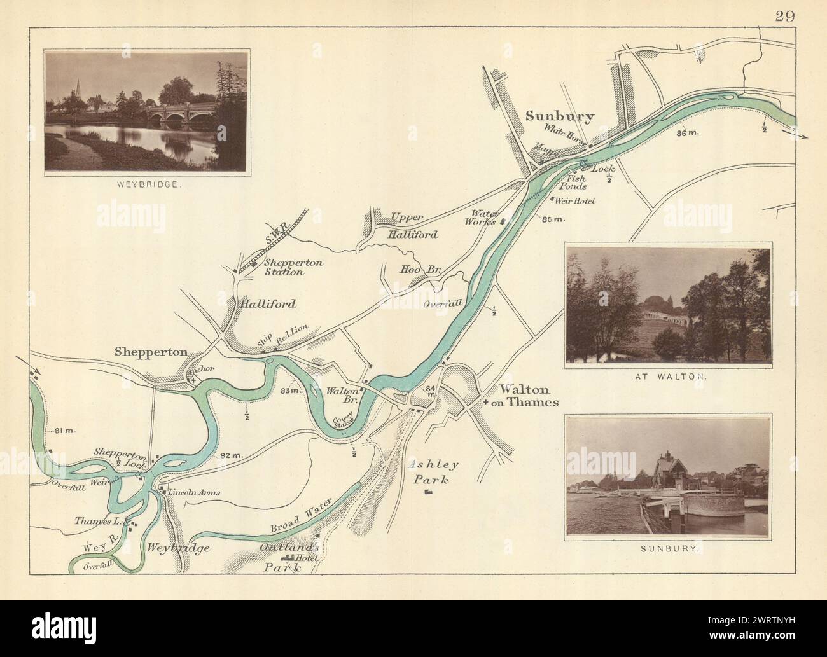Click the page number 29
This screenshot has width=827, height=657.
785,17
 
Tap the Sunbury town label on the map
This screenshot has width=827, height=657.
559,116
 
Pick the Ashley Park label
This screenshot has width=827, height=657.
427,472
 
